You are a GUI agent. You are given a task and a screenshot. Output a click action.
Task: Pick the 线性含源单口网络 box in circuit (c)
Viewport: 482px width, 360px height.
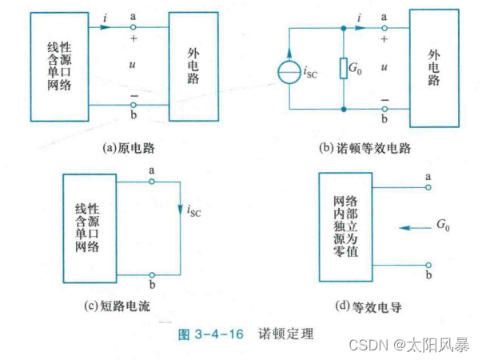click(x=90, y=228)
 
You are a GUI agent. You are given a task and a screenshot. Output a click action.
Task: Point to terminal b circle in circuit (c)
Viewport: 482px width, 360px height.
click(x=152, y=273)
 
